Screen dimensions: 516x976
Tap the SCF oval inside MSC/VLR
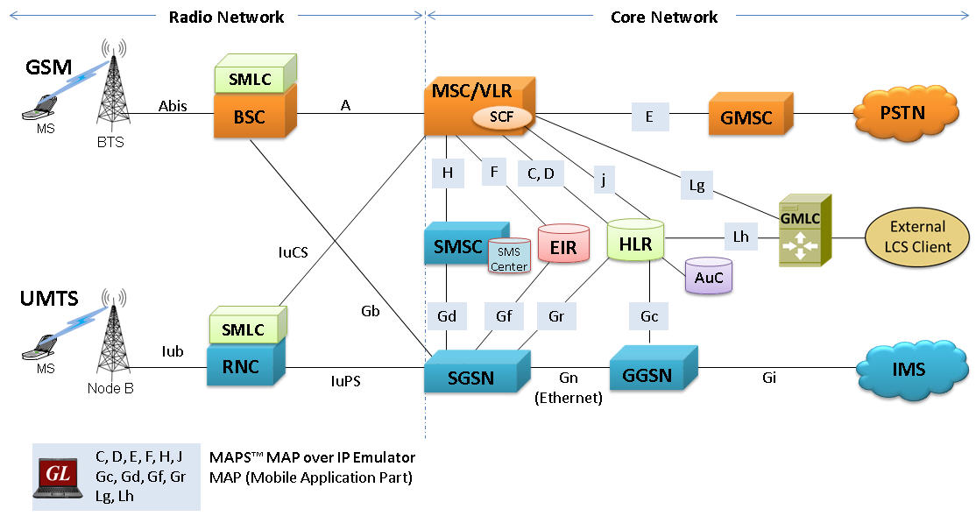coord(496,117)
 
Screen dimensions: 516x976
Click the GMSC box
coord(746,117)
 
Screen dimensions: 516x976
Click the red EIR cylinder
coord(562,246)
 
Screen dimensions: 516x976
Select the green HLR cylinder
coord(635,244)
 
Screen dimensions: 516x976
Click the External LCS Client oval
coord(917,237)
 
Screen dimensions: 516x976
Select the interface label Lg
coord(697,185)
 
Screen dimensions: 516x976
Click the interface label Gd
coord(447,316)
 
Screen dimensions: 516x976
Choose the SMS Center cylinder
coord(509,258)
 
